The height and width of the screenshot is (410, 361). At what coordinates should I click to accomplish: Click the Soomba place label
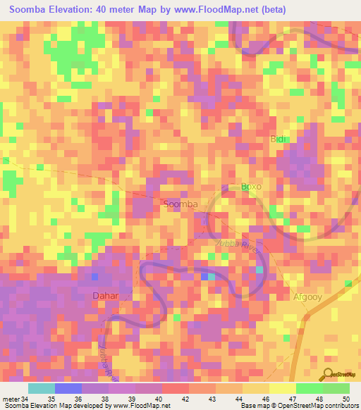coord(180,204)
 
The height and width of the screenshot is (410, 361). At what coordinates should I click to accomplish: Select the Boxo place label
coord(252,187)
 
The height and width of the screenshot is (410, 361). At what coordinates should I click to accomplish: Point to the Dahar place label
coord(106,296)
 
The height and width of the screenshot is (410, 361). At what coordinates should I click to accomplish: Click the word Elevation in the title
coord(70,11)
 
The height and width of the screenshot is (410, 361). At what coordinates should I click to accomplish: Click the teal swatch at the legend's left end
coord(42,388)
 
